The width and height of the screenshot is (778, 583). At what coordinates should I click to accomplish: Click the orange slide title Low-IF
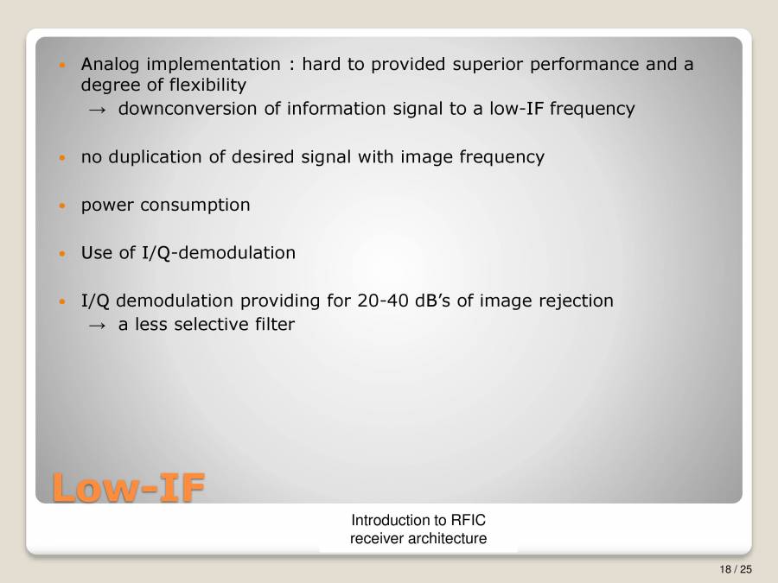click(128, 487)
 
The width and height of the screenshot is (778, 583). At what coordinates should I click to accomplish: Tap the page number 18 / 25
click(736, 569)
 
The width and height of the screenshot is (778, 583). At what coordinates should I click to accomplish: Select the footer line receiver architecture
click(418, 539)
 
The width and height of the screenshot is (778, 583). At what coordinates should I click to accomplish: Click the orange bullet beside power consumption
click(61, 206)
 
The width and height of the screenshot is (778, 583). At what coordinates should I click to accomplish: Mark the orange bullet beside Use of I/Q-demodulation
click(61, 254)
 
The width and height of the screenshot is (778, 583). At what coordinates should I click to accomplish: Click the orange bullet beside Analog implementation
click(61, 66)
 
